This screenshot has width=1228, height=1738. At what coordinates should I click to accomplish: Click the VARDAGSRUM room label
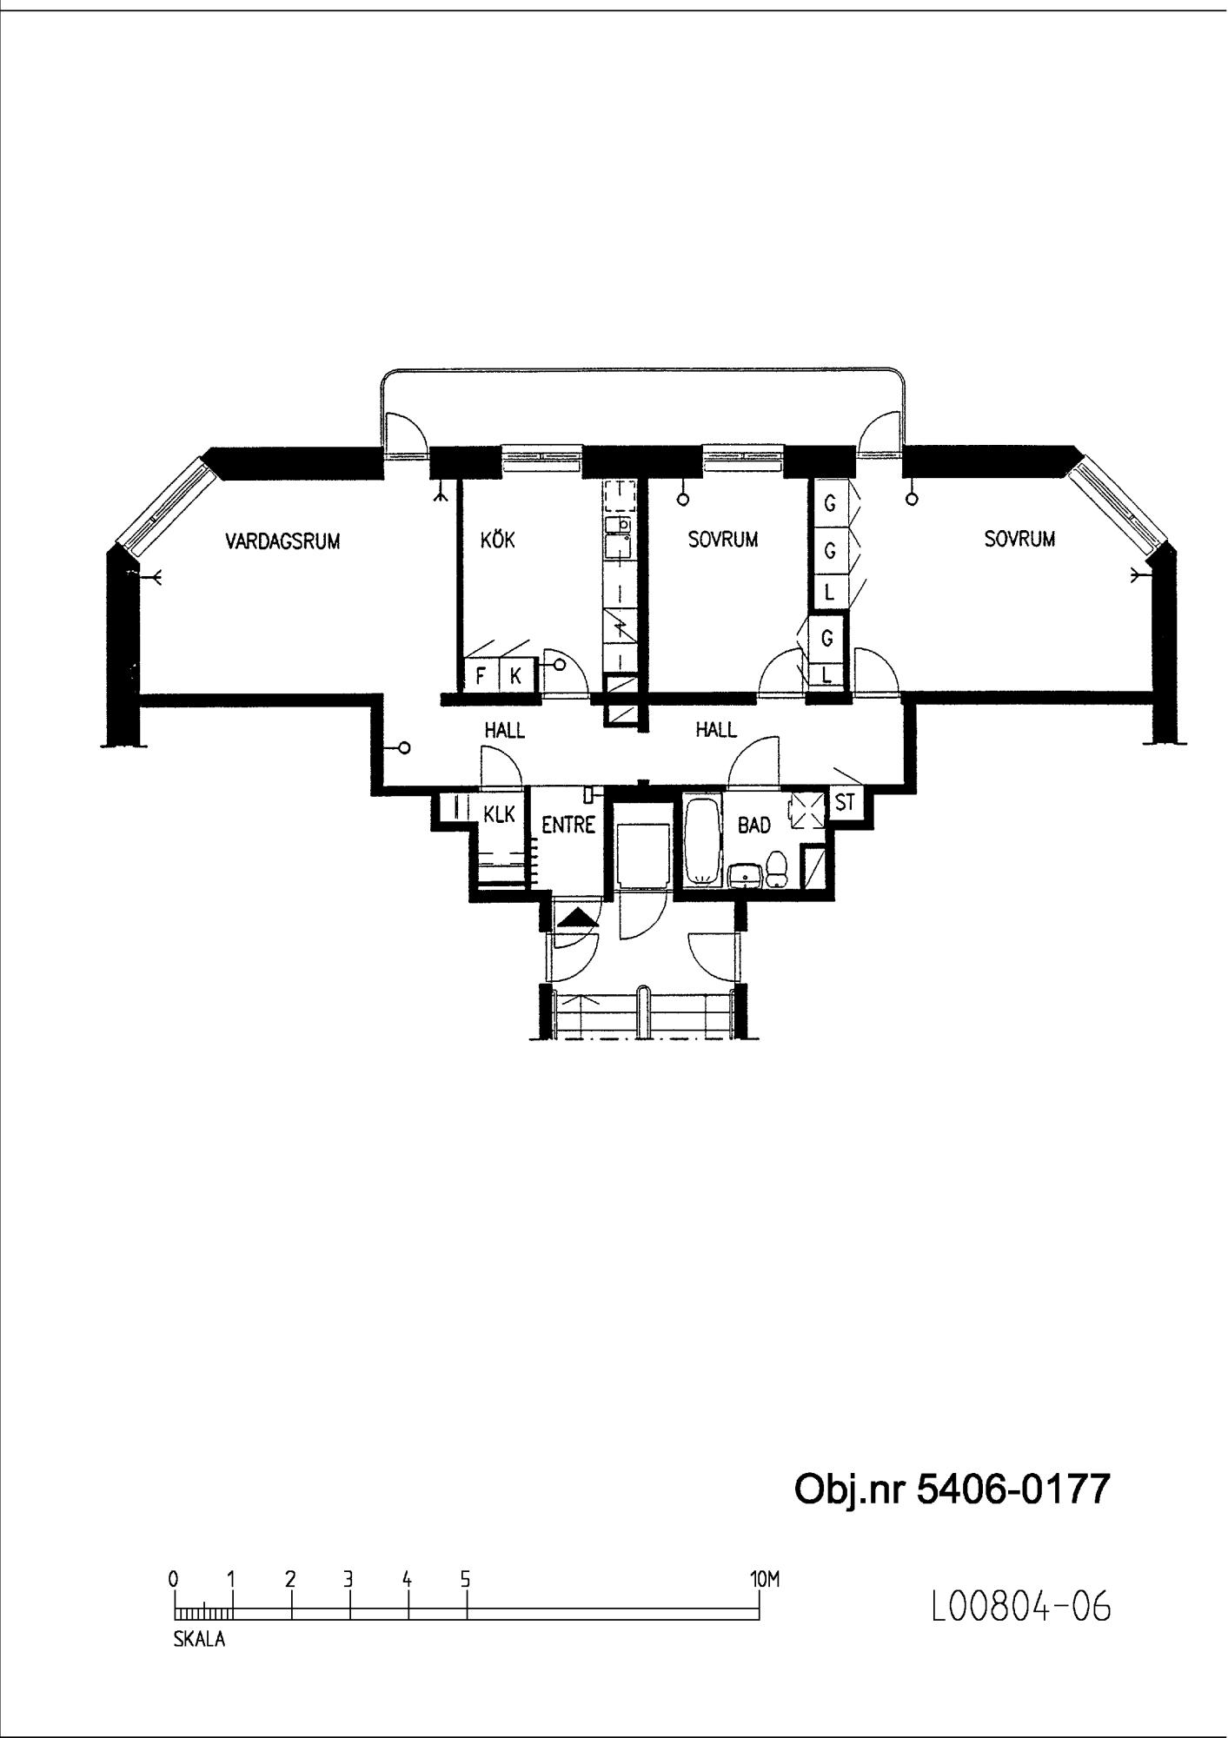click(x=282, y=541)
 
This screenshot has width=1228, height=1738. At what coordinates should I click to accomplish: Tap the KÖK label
click(x=497, y=540)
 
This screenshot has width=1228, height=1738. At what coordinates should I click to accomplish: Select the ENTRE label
click(x=568, y=825)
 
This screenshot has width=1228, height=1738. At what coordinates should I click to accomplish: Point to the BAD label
click(x=754, y=825)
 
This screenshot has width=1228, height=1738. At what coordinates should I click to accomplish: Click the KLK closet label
click(x=500, y=814)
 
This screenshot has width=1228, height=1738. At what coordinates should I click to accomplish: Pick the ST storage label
click(x=845, y=803)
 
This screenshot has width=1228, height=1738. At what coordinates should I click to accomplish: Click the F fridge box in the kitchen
click(x=481, y=674)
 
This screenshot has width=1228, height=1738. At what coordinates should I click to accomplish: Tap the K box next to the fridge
click(x=515, y=674)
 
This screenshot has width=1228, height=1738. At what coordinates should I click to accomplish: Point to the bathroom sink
click(x=745, y=876)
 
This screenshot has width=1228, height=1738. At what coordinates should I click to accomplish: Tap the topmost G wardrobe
click(x=830, y=502)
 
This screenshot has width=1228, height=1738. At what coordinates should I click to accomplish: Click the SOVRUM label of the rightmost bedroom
click(x=1019, y=539)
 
